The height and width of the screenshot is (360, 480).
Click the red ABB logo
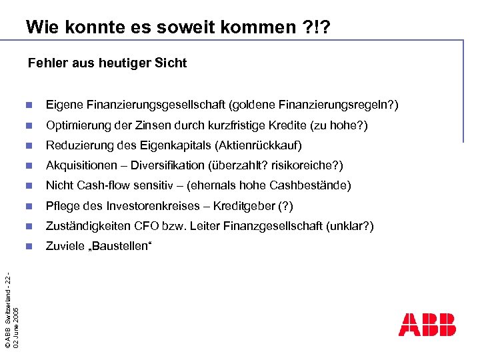(x=427, y=325)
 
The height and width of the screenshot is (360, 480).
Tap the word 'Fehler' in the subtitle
(x=47, y=63)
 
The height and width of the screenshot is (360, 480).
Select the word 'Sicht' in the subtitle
(x=171, y=63)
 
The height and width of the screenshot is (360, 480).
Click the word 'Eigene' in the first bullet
(x=62, y=105)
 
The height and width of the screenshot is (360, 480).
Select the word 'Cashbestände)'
(x=318, y=185)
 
